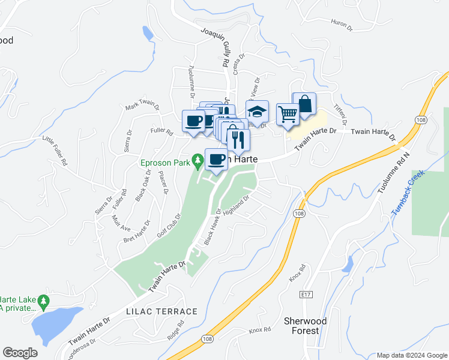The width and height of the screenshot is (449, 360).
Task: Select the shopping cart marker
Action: pos(288,113)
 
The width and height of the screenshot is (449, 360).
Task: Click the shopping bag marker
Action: pos(304,103)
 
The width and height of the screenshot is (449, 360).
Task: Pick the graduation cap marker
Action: pos(257,112)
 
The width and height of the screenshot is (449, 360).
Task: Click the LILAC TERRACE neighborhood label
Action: pos(161,311)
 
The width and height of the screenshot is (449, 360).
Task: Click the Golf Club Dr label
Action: pos(169,225)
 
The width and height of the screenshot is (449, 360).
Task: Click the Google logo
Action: pos(20,353)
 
